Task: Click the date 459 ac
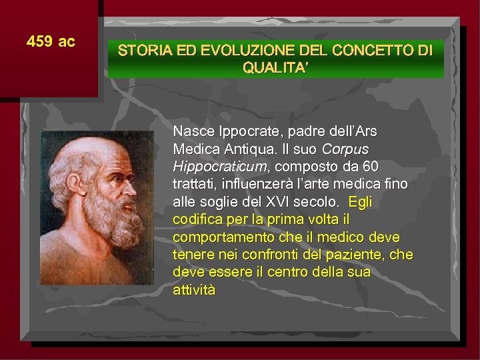(x=51, y=42)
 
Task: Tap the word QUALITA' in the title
(x=275, y=67)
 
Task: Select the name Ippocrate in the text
(x=243, y=130)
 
